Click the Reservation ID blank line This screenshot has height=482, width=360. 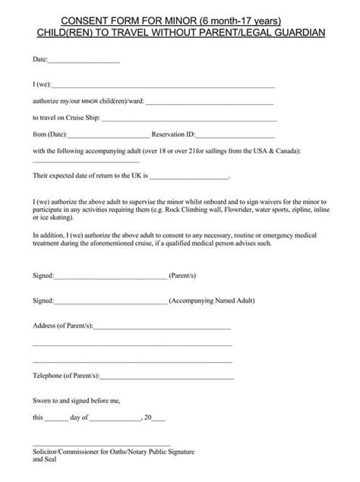[x=235, y=136]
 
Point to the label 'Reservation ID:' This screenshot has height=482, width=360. [x=174, y=134]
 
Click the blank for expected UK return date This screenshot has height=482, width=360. [x=190, y=178]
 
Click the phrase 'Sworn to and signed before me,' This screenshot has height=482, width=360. [x=76, y=399]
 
